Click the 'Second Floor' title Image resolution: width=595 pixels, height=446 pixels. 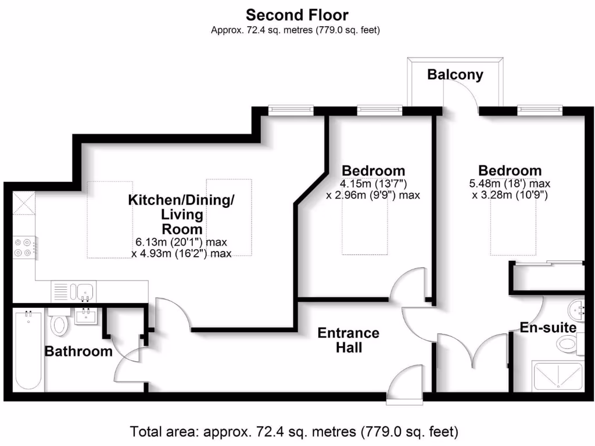click(x=297, y=14)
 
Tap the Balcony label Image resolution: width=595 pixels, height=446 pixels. click(x=455, y=74)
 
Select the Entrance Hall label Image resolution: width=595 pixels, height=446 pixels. click(x=348, y=340)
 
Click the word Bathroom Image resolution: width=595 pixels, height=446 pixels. click(x=78, y=351)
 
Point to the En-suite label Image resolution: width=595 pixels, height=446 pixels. click(x=548, y=328)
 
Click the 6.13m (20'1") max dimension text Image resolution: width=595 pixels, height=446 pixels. click(x=181, y=242)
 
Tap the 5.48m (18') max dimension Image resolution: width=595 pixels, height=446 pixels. click(x=510, y=184)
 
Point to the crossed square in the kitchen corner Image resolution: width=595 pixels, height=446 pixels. click(x=24, y=203)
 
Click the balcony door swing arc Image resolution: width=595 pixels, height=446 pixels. click(x=462, y=93)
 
